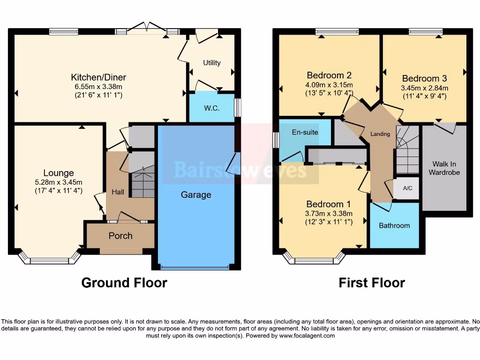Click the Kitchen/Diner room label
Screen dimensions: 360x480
click(x=98, y=77)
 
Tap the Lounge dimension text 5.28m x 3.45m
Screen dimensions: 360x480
click(x=59, y=182)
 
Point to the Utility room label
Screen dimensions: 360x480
click(x=211, y=63)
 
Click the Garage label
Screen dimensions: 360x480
click(x=196, y=195)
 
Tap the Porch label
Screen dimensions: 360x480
click(x=120, y=236)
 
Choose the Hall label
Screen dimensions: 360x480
click(x=117, y=192)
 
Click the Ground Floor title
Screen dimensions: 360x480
click(x=124, y=283)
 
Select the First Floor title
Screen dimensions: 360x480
click(x=372, y=283)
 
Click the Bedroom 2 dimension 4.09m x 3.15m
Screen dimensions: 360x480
click(x=329, y=84)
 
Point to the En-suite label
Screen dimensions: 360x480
click(x=305, y=133)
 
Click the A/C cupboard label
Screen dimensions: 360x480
click(x=407, y=188)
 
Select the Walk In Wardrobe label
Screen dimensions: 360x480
click(x=446, y=168)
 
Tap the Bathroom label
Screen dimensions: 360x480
click(x=394, y=225)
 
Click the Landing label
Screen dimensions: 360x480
click(x=380, y=134)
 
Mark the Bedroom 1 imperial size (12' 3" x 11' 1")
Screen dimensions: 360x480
click(x=329, y=221)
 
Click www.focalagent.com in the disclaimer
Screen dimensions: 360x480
click(x=307, y=336)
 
